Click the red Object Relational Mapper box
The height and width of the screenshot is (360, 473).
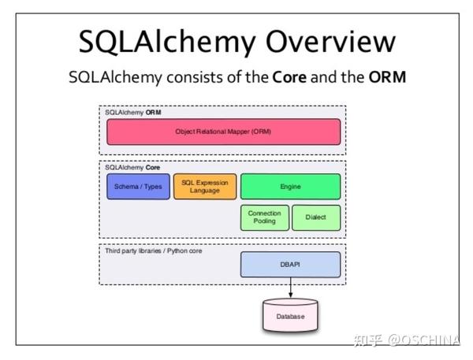tap(223, 132)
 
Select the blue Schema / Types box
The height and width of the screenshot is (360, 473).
tap(138, 186)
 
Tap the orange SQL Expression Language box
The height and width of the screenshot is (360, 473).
tap(204, 186)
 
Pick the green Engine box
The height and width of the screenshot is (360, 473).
tap(290, 186)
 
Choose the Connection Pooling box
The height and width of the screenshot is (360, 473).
tap(264, 217)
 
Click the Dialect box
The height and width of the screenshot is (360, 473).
tap(316, 217)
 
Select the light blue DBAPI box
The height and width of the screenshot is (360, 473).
tap(290, 265)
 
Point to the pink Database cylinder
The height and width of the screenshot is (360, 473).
tap(290, 317)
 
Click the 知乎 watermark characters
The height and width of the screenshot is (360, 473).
tap(369, 340)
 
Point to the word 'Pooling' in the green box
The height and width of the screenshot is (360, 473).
tap(264, 222)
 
